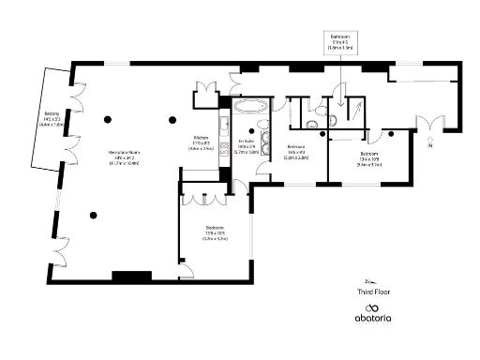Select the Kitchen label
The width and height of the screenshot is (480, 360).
click(x=202, y=143)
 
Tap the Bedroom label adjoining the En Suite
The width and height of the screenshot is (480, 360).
click(x=296, y=153)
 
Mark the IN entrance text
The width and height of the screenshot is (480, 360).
click(x=430, y=148)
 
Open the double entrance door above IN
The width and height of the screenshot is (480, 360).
click(x=430, y=122)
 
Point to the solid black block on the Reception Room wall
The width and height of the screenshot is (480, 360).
click(x=130, y=276)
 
